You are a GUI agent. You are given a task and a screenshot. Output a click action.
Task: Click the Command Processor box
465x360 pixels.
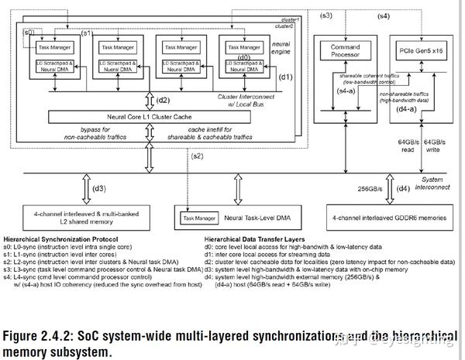345,51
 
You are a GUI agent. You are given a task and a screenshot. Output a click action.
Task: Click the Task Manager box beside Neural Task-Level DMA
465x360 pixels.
195,218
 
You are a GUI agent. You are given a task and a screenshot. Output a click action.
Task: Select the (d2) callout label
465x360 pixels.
163,100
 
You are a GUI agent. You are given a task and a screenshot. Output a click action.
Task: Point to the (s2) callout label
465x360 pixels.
198,156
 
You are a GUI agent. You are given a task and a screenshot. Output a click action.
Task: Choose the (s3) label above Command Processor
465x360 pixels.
326,15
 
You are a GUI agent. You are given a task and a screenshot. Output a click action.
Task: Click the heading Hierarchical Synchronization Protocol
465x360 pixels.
64,238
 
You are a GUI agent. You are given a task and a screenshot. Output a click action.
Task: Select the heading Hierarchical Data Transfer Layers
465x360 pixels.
261,238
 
